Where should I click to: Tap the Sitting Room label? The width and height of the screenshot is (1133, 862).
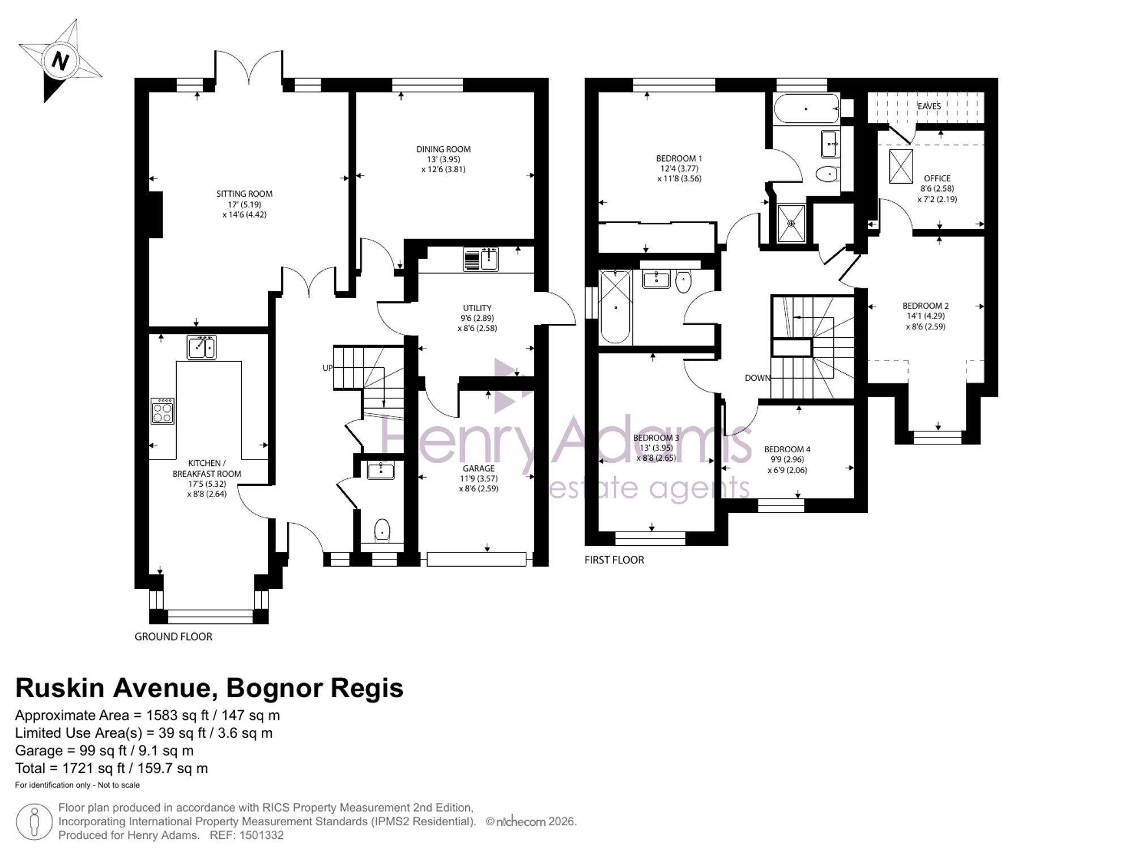click(244, 194)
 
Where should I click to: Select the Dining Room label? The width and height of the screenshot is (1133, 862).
click(443, 150)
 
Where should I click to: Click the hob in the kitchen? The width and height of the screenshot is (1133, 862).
click(163, 411)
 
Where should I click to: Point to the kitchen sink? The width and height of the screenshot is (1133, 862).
click(202, 347)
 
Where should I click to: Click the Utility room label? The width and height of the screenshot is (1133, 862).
click(477, 308)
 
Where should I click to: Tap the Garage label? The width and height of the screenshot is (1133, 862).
click(479, 469)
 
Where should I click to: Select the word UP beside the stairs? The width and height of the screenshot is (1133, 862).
click(327, 368)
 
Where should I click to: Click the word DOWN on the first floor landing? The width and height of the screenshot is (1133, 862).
click(757, 378)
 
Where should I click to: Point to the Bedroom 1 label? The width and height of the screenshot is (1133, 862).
click(679, 159)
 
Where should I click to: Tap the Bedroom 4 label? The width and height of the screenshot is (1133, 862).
click(787, 449)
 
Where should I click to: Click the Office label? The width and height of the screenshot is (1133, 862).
click(937, 179)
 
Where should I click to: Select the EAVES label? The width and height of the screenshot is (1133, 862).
click(929, 106)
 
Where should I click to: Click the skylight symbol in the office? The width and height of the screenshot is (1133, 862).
click(901, 166)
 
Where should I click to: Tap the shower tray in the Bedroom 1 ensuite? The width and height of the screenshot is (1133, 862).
click(791, 223)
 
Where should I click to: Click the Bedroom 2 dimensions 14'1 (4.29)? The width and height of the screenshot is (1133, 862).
click(926, 316)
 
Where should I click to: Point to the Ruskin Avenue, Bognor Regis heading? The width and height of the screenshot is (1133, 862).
click(209, 688)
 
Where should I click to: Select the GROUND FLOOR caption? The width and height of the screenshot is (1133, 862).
click(173, 637)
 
